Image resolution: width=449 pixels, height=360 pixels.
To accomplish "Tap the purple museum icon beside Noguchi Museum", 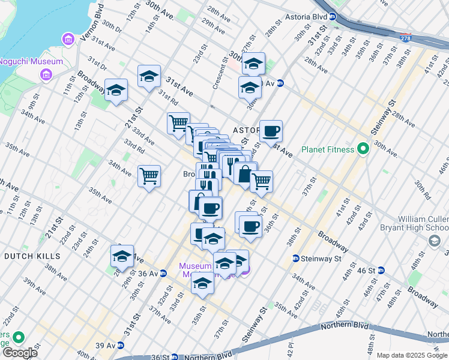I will point(45,74).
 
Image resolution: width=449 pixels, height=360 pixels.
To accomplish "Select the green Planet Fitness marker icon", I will point(363,148).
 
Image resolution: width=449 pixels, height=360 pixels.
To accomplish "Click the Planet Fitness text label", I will point(327,149).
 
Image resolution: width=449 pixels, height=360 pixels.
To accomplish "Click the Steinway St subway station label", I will point(317,259).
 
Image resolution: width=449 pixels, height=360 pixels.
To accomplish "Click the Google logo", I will point(20,352).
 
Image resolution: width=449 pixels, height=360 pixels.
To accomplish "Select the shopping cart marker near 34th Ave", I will point(149,176).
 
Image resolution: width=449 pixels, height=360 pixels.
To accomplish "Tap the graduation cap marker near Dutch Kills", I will point(122,256).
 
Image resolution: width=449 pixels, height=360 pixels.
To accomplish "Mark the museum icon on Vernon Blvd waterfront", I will point(68,40).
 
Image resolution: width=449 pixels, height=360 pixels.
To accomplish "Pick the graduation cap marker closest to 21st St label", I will point(116,90).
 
